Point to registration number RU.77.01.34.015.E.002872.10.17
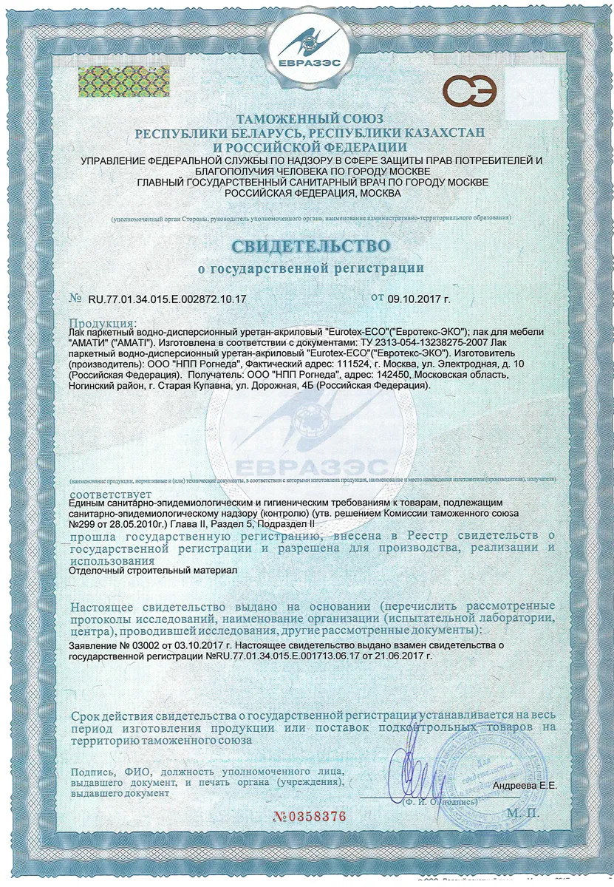coord(167,300)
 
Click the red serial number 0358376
coord(309,817)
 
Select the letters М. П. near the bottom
coord(524,812)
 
